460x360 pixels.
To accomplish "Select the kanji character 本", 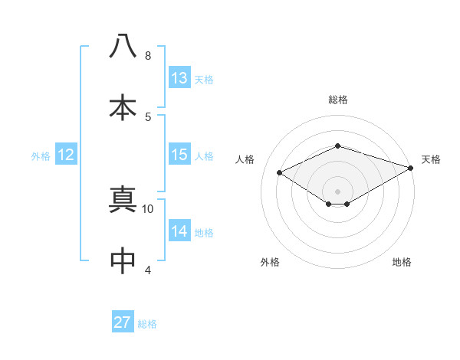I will tap(123, 107).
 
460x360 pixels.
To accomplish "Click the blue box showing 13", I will tap(179, 78).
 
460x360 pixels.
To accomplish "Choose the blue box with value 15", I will tap(179, 155).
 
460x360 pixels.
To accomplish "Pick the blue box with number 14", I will tap(179, 231).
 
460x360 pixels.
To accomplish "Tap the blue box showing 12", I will tap(66, 155).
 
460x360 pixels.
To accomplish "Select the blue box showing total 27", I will tap(123, 322).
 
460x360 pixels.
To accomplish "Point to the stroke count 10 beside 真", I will tap(148, 208).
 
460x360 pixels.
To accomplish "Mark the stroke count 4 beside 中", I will tap(148, 270).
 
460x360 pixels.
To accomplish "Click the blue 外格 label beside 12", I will tap(41, 155).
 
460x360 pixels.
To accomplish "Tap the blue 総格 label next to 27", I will tap(147, 323).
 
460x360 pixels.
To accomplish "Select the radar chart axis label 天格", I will tap(431, 159).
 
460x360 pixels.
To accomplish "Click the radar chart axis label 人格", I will tap(245, 159).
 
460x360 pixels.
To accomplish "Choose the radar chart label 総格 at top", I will tap(337, 100).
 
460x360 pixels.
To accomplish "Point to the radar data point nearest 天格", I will tap(412, 167).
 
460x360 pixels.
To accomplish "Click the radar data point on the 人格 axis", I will tap(280, 173).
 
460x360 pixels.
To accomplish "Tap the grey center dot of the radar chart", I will tap(337, 191).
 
